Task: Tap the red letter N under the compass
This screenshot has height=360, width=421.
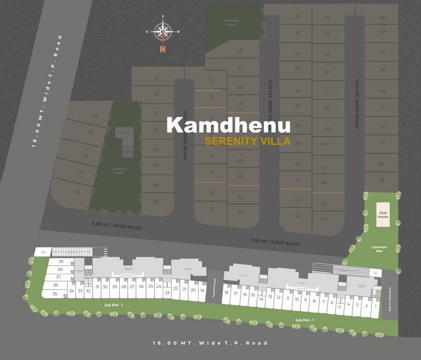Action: tap(162, 49)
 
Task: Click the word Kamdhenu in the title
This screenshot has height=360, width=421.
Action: tap(229, 125)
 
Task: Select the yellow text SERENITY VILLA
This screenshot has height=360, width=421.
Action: tap(248, 141)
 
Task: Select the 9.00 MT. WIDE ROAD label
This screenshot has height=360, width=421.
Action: tap(117, 227)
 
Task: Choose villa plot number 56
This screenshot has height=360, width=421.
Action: tap(383, 17)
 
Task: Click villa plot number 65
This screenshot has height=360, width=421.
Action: tap(382, 180)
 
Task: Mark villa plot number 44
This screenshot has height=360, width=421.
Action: tap(325, 218)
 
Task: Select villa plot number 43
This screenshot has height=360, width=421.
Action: tap(297, 216)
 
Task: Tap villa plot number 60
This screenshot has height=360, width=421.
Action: tap(383, 90)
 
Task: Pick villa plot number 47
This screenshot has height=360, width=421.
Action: tap(325, 167)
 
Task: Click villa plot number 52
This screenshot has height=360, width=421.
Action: tap(327, 72)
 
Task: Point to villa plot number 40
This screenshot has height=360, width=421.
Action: tap(297, 164)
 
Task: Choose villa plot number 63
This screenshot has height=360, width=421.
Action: tap(382, 142)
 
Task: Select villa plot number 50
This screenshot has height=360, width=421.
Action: tap(327, 108)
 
